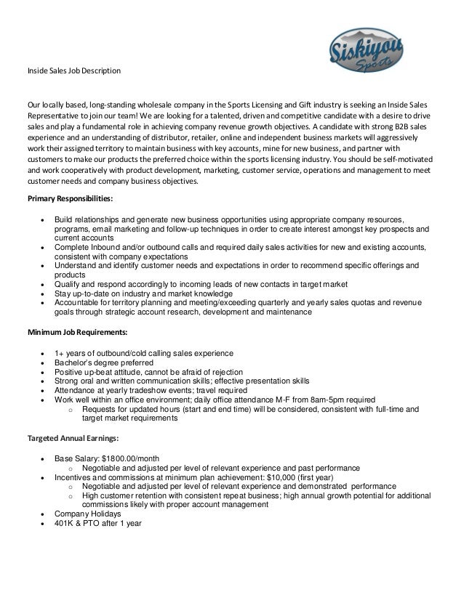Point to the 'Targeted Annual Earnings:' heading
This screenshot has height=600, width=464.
point(73,439)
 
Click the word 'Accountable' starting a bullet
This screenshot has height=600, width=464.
point(78,303)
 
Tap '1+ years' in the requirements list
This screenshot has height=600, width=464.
point(71,352)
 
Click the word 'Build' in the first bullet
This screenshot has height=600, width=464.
point(65,219)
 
